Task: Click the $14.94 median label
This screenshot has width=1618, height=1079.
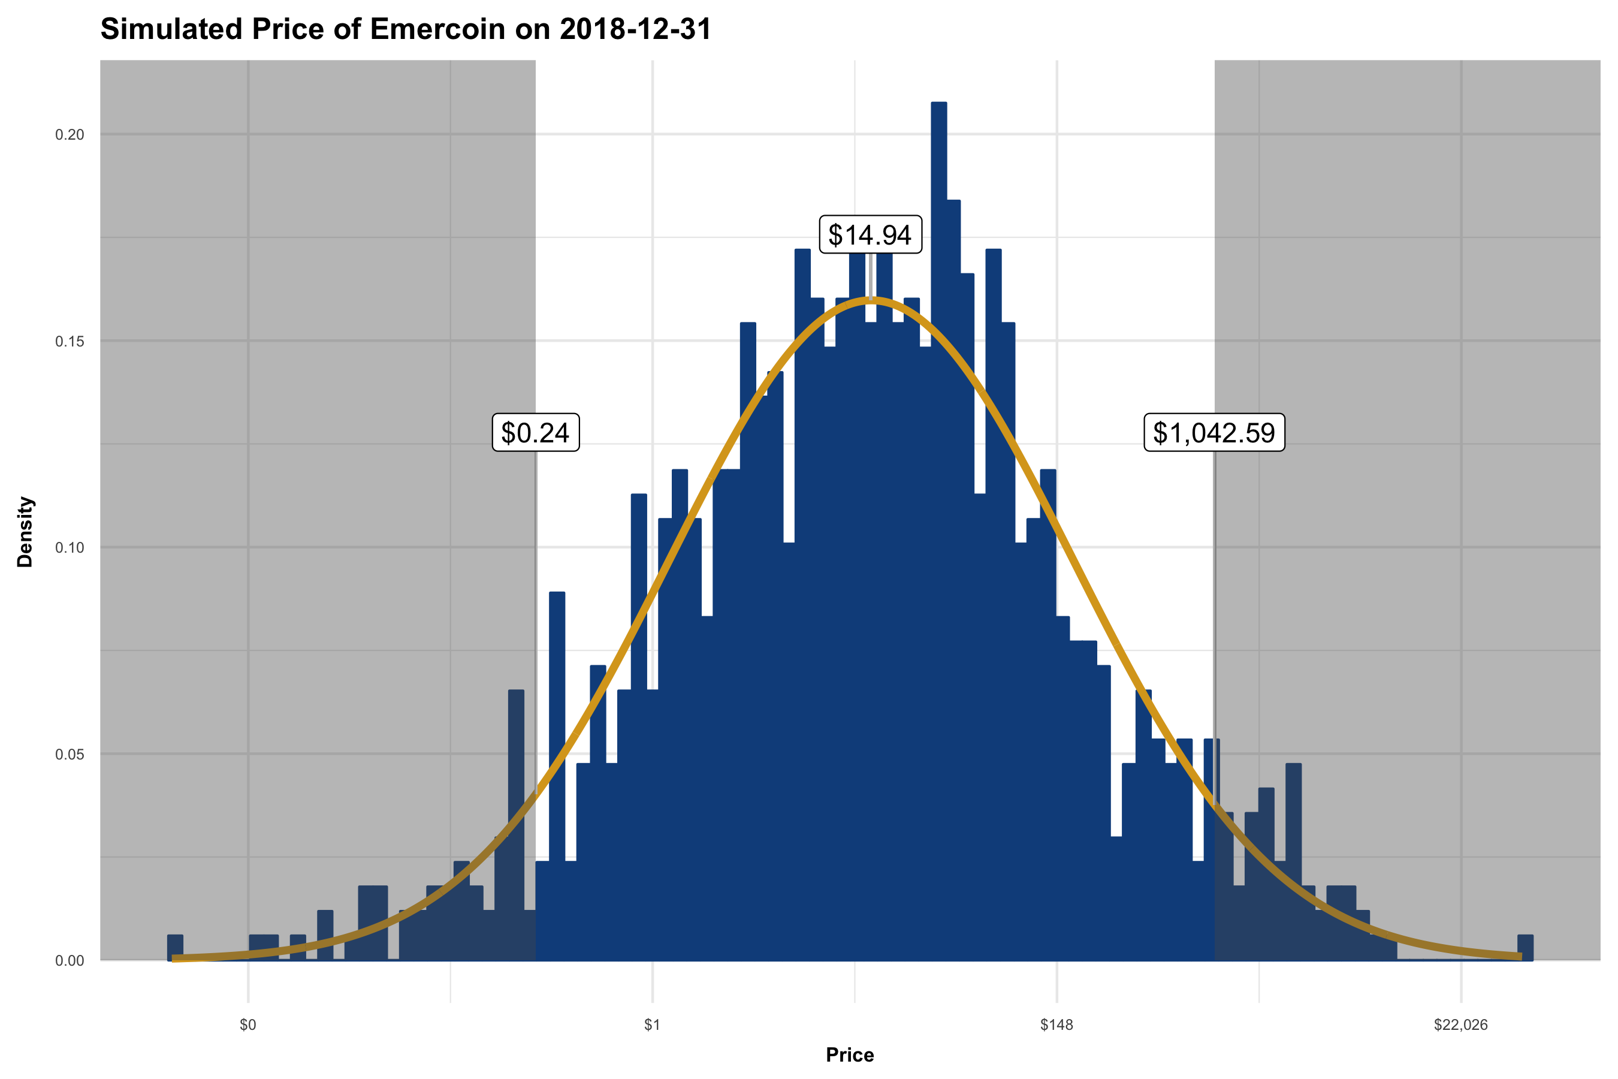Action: click(870, 234)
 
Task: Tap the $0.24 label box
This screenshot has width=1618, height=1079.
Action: click(535, 433)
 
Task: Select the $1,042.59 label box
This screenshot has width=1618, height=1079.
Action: click(1213, 433)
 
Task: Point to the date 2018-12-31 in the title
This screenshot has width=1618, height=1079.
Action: click(635, 29)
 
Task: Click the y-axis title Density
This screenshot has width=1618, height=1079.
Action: click(25, 532)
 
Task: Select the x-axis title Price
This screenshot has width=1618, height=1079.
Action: click(850, 1055)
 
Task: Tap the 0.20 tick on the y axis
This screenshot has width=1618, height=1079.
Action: click(70, 135)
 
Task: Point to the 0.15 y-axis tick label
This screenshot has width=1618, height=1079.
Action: click(70, 341)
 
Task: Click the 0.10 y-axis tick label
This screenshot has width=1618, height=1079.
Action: click(70, 548)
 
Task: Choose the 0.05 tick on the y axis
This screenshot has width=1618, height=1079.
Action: click(70, 754)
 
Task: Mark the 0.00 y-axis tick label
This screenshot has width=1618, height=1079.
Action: click(70, 961)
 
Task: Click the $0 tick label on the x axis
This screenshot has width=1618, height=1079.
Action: click(247, 1025)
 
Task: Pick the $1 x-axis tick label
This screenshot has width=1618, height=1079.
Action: click(652, 1025)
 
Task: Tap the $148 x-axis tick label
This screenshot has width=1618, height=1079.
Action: click(1056, 1025)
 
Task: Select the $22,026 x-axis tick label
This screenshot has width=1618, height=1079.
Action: click(1460, 1025)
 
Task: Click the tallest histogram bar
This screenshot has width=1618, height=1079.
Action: click(938, 482)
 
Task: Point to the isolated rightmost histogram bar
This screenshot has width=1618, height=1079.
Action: click(1525, 948)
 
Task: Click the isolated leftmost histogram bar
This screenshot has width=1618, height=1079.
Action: click(176, 948)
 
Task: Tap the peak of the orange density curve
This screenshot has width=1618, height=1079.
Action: click(870, 299)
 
